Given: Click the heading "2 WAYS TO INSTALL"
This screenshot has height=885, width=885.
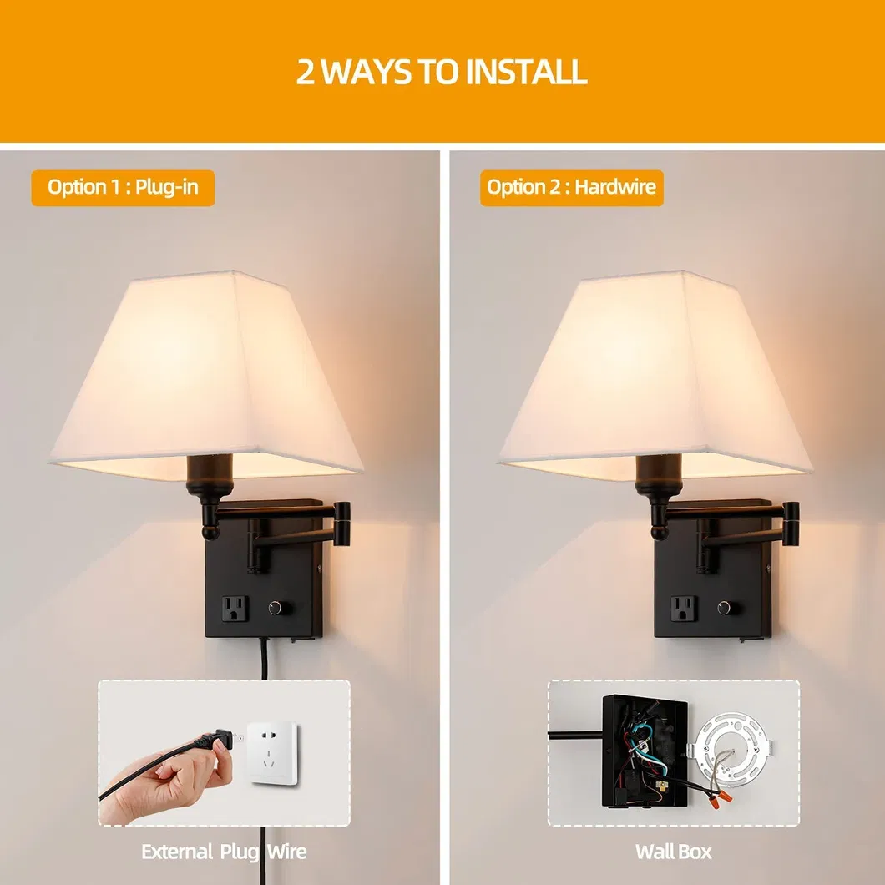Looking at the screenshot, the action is pyautogui.click(x=442, y=73).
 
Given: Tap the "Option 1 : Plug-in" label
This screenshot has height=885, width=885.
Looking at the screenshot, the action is pyautogui.click(x=123, y=187).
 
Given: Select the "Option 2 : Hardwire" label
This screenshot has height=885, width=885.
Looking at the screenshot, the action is pyautogui.click(x=572, y=187).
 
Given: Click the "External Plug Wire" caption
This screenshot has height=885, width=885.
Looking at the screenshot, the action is pyautogui.click(x=224, y=852).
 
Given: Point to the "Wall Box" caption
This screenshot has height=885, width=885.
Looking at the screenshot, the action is pyautogui.click(x=673, y=852).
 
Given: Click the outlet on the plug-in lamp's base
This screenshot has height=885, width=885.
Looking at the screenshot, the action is pyautogui.click(x=235, y=609).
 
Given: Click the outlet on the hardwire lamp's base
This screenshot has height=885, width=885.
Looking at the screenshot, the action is pyautogui.click(x=684, y=609).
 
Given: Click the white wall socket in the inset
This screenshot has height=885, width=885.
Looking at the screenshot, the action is pyautogui.click(x=273, y=753).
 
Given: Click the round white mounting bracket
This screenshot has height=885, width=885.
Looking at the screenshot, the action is pyautogui.click(x=731, y=753).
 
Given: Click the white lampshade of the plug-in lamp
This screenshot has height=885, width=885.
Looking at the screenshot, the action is pyautogui.click(x=206, y=376).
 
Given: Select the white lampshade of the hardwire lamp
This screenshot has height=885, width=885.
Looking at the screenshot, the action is pyautogui.click(x=655, y=376).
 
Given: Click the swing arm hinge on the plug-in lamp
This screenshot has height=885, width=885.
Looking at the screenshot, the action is pyautogui.click(x=341, y=524).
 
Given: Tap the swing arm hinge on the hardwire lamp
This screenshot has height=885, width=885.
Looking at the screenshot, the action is pyautogui.click(x=791, y=524).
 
